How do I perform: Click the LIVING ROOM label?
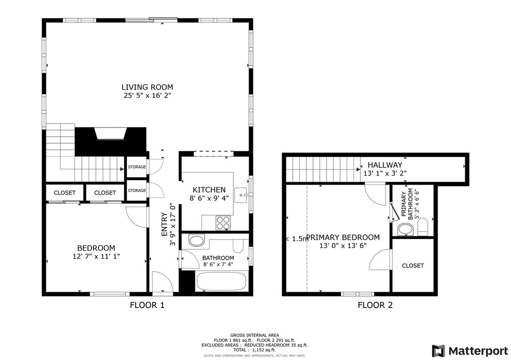pos(147,87)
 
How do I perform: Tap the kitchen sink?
pos(241,195)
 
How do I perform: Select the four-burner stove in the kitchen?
pos(223,223)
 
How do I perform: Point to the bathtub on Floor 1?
pos(222,282)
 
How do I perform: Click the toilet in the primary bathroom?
pos(422,226)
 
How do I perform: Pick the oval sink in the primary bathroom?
pos(405,229)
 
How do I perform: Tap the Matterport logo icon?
pos(438,351)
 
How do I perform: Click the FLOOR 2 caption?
pos(375,305)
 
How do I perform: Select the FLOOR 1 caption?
pos(147,305)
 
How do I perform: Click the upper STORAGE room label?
pos(137,167)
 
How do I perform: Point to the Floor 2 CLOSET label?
pos(413,266)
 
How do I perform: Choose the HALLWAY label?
pos(385,165)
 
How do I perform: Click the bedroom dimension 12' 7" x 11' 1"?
pos(96,256)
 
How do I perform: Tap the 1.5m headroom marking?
pos(297,238)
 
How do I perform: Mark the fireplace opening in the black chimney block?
pos(110,134)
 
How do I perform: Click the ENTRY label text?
pos(164,224)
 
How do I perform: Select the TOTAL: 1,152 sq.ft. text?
pos(254,350)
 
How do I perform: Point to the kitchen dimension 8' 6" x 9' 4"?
pos(209,198)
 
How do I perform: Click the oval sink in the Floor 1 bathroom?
pos(197,241)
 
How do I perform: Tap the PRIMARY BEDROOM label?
pos(343,237)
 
